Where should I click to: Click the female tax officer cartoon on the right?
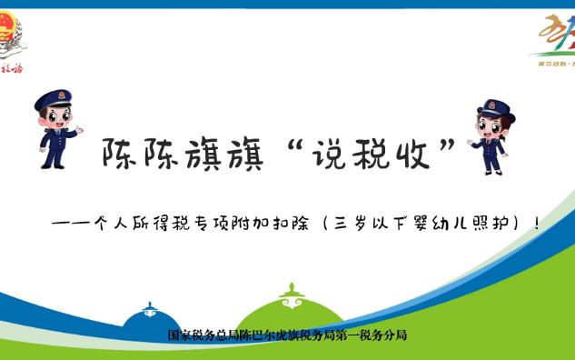click(491, 136)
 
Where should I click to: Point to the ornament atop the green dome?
click(290, 293)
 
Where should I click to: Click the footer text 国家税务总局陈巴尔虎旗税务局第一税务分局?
click(287, 335)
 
